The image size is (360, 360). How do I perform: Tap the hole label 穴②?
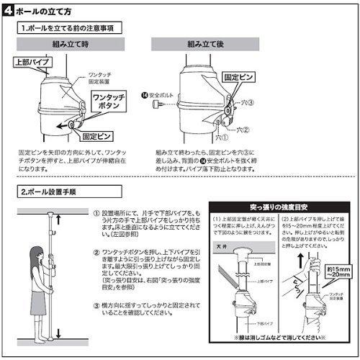coord(246,130)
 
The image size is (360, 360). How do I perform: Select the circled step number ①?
coord(96,213)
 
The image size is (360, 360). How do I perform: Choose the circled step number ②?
coord(96,251)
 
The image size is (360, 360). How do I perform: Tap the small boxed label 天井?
coord(225,247)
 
